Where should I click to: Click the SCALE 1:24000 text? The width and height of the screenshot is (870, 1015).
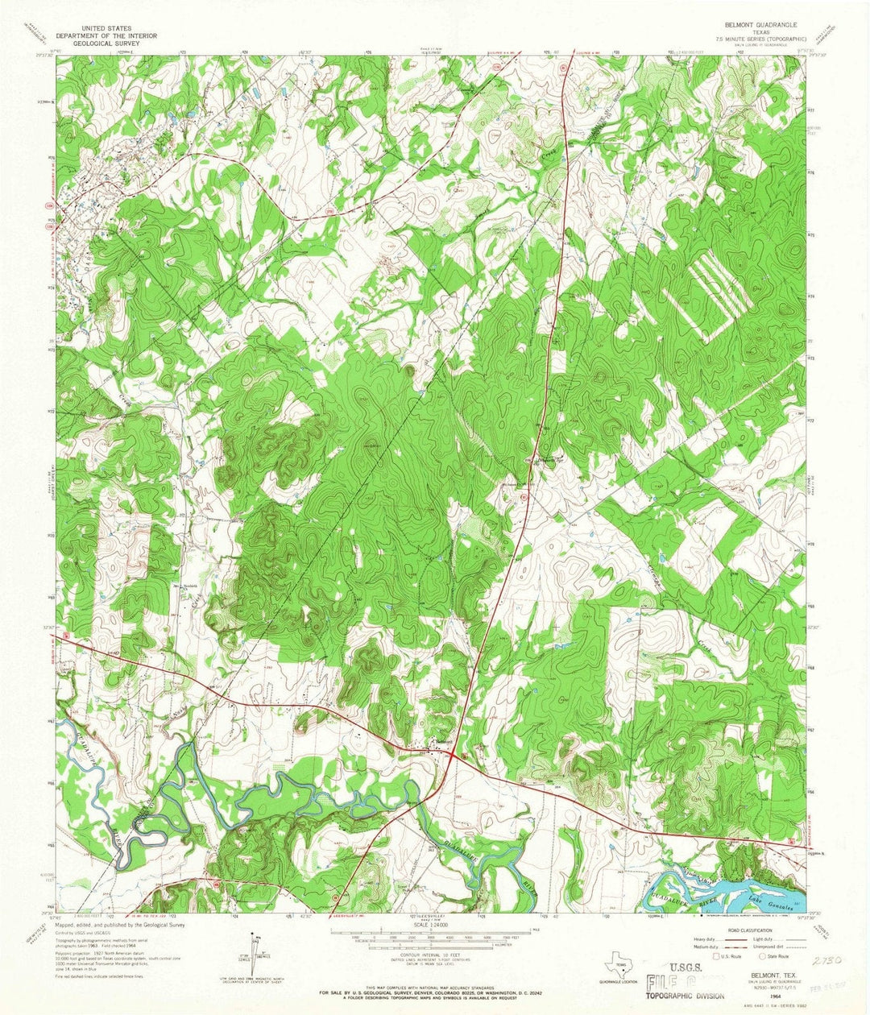pyautogui.click(x=434, y=925)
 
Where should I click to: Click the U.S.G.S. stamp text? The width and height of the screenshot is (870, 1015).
pyautogui.click(x=684, y=971)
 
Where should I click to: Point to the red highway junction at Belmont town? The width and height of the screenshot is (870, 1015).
pyautogui.click(x=454, y=756)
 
